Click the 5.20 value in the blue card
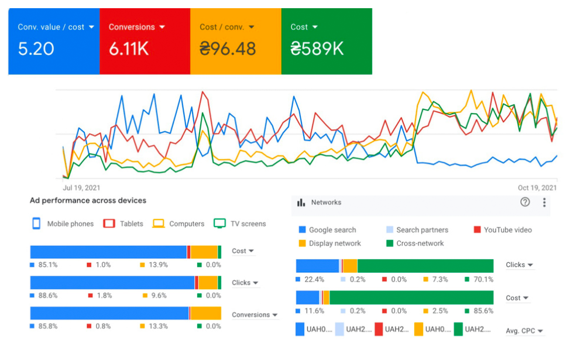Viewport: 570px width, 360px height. pyautogui.click(x=36, y=49)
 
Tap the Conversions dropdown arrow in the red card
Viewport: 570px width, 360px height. pyautogui.click(x=162, y=27)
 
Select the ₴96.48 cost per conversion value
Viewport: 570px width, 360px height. pyautogui.click(x=228, y=49)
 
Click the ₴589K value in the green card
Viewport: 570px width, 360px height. pyautogui.click(x=317, y=49)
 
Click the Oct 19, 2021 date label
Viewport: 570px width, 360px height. pyautogui.click(x=537, y=188)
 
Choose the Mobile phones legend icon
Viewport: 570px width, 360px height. pyautogui.click(x=36, y=223)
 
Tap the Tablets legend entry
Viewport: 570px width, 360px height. pyautogui.click(x=124, y=224)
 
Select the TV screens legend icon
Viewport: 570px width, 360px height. pyautogui.click(x=219, y=223)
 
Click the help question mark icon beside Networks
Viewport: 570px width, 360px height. pyautogui.click(x=525, y=202)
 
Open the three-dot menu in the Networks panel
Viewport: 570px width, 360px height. pyautogui.click(x=544, y=202)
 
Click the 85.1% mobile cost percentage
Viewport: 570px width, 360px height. pyautogui.click(x=47, y=265)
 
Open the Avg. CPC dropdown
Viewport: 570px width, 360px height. pyautogui.click(x=524, y=331)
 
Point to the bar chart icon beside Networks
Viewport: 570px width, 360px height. pyautogui.click(x=301, y=203)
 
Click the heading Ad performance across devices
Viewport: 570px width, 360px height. pyautogui.click(x=88, y=200)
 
